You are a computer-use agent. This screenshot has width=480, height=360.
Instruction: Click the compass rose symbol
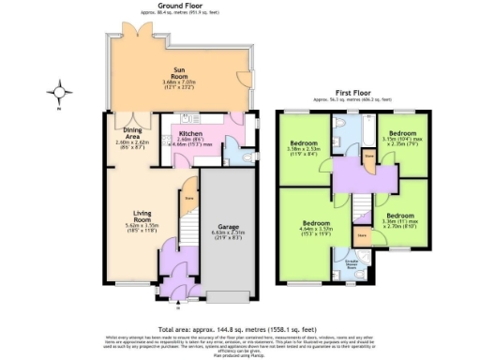tap(62, 93)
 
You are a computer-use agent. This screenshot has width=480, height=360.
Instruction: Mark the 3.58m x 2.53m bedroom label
tap(305, 150)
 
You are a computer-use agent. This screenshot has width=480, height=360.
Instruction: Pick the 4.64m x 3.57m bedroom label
tap(305, 227)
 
